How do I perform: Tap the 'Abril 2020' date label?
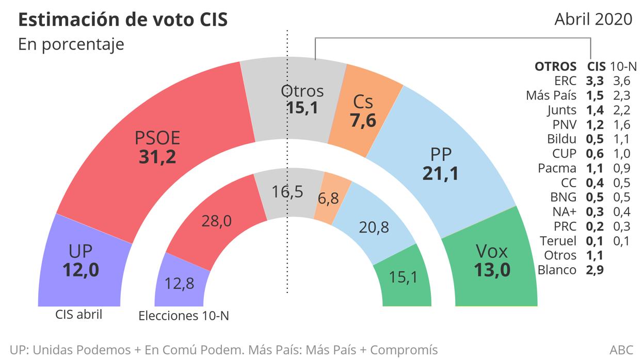pos(593,19)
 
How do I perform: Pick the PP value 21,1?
pos(440,173)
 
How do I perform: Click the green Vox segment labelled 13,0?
pos(492,260)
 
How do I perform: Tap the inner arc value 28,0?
pos(216,221)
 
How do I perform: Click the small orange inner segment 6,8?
pos(328,198)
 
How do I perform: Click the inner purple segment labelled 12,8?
pos(180,283)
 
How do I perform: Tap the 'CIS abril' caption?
pos(78,314)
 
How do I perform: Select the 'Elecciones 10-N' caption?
pos(183,316)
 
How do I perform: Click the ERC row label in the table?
pos(566,81)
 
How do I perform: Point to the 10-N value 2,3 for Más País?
pos(621,95)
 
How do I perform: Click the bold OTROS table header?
pos(555,67)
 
